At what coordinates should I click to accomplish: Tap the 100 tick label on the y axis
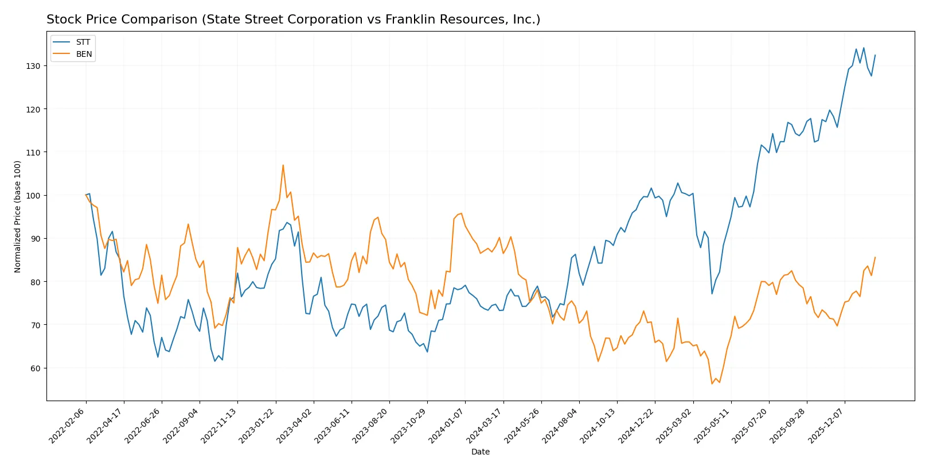point(33,196)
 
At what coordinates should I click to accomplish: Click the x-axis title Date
point(480,452)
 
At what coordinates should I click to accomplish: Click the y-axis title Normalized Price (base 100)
point(18,216)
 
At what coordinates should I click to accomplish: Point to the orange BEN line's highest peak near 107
point(283,165)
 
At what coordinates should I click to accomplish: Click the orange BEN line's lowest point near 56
point(712,384)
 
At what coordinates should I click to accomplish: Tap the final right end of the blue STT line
point(875,56)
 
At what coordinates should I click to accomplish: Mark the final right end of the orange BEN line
point(875,258)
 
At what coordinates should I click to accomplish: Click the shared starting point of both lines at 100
point(86,195)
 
